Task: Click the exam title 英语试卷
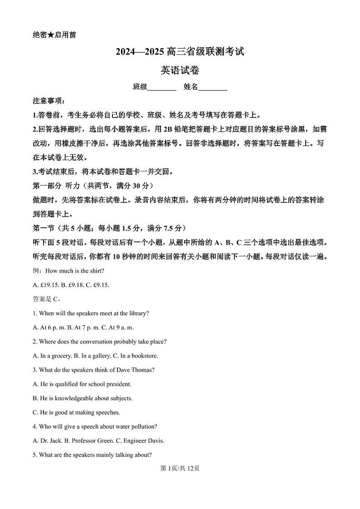click(x=180, y=70)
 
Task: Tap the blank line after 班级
click(x=162, y=88)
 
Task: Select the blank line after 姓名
click(x=213, y=88)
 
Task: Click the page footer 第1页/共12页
click(x=180, y=468)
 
